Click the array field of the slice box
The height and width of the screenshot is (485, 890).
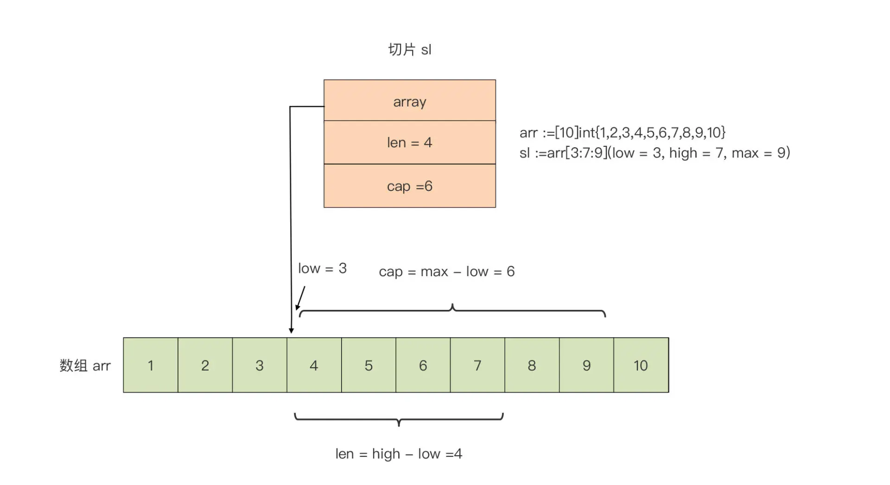coord(409,101)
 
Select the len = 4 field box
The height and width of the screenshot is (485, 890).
coord(409,142)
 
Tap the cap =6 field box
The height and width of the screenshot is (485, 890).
coord(409,186)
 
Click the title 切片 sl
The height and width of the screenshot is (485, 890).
coord(409,50)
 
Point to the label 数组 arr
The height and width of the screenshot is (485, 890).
coord(85,365)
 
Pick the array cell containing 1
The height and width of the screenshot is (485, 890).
coord(151,365)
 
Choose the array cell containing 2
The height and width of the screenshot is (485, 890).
coord(205,365)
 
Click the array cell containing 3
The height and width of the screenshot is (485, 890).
coord(260,365)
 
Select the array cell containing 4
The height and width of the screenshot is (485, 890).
coord(314,365)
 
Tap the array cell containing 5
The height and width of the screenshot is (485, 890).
coord(369,365)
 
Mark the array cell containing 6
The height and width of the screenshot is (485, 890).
coord(423,365)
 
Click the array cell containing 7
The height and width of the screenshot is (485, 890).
coord(477,365)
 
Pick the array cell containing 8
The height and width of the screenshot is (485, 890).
coord(532,365)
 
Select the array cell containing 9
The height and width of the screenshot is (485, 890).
coord(586,365)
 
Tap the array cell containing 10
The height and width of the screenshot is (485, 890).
coord(641,365)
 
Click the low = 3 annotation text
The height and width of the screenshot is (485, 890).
coord(322,268)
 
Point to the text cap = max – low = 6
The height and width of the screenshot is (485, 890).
coord(446,271)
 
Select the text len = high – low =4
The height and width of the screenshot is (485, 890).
coord(399,454)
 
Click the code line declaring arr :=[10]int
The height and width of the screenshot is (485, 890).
coord(622,132)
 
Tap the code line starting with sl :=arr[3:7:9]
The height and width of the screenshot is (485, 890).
coord(655,153)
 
